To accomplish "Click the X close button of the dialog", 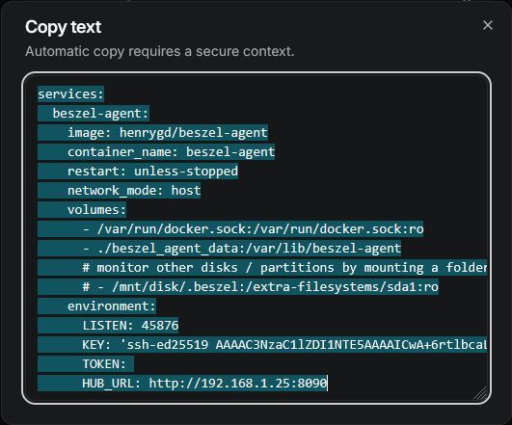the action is click(x=488, y=25).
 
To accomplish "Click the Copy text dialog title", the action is click(x=64, y=27).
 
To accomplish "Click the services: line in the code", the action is click(x=70, y=94).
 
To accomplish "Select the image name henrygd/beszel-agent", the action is click(x=194, y=133).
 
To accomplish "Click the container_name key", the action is click(x=120, y=152).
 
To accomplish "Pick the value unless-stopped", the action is click(x=186, y=171).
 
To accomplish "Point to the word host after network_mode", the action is click(x=186, y=190).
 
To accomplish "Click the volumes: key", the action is click(x=96, y=209).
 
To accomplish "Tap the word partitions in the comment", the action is click(x=297, y=268).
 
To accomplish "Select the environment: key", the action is click(x=111, y=306).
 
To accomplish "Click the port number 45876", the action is click(x=160, y=326).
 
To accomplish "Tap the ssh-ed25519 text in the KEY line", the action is click(x=168, y=345).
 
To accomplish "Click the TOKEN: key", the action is click(x=104, y=364).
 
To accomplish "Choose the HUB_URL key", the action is click(x=108, y=384).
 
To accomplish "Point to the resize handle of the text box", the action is click(x=480, y=393).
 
